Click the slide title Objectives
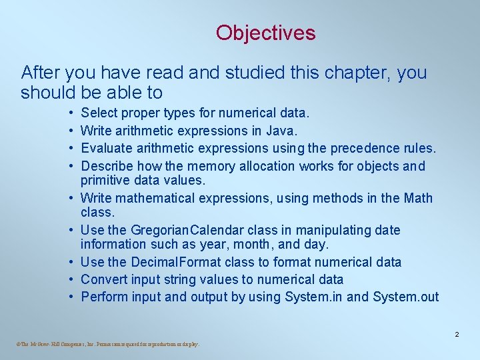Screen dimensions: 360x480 (x=265, y=33)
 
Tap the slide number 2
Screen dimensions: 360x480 (x=457, y=334)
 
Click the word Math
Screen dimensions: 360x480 (x=418, y=198)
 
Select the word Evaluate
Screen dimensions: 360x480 (x=106, y=148)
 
